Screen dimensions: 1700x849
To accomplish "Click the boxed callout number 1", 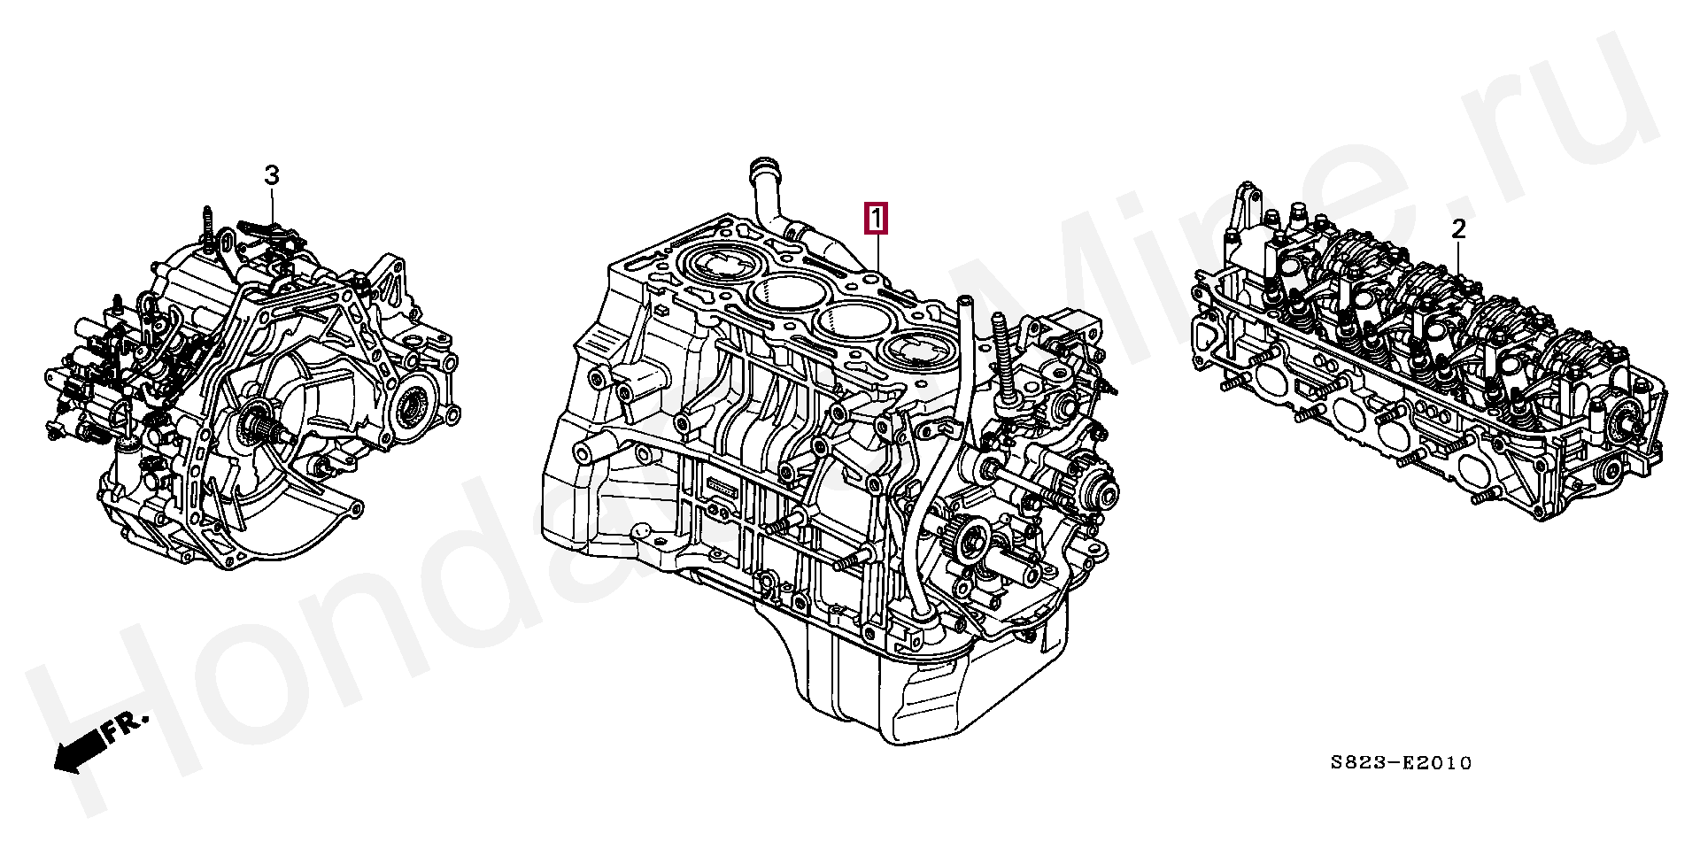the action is point(875,219).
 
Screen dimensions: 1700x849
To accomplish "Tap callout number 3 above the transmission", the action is point(272,175).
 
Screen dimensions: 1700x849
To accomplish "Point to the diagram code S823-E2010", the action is point(1401,762).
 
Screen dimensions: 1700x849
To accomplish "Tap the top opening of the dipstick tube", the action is point(964,302).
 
